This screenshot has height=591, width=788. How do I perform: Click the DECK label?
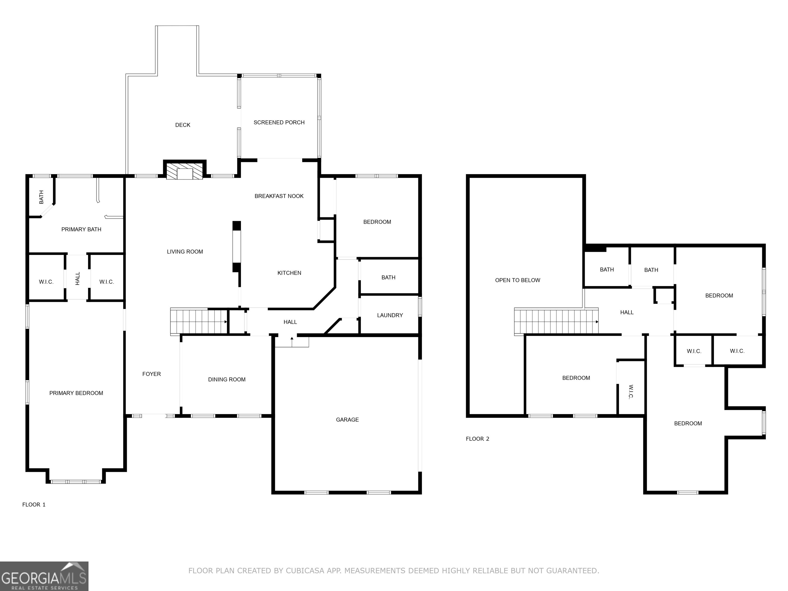pyautogui.click(x=183, y=125)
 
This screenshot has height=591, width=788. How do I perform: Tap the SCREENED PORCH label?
pyautogui.click(x=279, y=123)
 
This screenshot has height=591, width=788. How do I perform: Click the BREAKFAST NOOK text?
pyautogui.click(x=279, y=196)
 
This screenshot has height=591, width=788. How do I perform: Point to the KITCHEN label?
pyautogui.click(x=289, y=273)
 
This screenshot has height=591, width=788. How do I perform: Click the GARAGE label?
pyautogui.click(x=347, y=420)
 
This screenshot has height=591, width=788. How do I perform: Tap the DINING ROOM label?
pyautogui.click(x=227, y=380)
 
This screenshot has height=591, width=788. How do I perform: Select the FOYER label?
pyautogui.click(x=151, y=374)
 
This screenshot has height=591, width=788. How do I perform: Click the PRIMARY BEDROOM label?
pyautogui.click(x=76, y=393)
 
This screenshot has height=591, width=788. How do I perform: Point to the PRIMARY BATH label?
pyautogui.click(x=81, y=229)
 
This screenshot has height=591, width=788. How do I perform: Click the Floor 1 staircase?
pyautogui.click(x=199, y=321)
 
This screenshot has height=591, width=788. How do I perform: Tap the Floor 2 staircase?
pyautogui.click(x=556, y=321)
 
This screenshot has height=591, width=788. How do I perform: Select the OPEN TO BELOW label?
pyautogui.click(x=518, y=280)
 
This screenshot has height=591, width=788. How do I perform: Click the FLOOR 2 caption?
pyautogui.click(x=478, y=439)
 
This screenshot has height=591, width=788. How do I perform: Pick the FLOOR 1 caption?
pyautogui.click(x=34, y=505)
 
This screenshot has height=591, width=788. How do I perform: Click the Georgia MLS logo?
pyautogui.click(x=44, y=576)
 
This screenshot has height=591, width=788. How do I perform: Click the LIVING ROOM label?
pyautogui.click(x=185, y=252)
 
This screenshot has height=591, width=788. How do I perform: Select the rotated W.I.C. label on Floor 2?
pyautogui.click(x=631, y=392)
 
